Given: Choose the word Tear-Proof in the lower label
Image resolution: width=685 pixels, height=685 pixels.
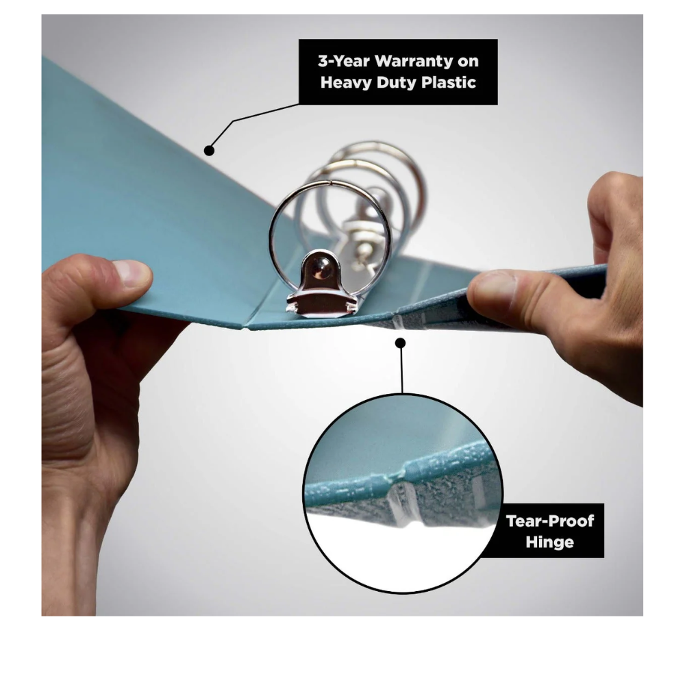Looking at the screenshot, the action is coord(549,521).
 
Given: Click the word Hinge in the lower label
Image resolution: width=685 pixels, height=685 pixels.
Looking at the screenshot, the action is coord(549,542).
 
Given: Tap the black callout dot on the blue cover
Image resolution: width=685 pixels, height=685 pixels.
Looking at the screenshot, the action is coord(209,151).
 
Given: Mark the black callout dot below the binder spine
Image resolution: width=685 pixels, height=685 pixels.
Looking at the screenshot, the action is coord(400,343).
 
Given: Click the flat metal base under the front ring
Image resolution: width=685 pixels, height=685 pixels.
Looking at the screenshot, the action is coord(322,303).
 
